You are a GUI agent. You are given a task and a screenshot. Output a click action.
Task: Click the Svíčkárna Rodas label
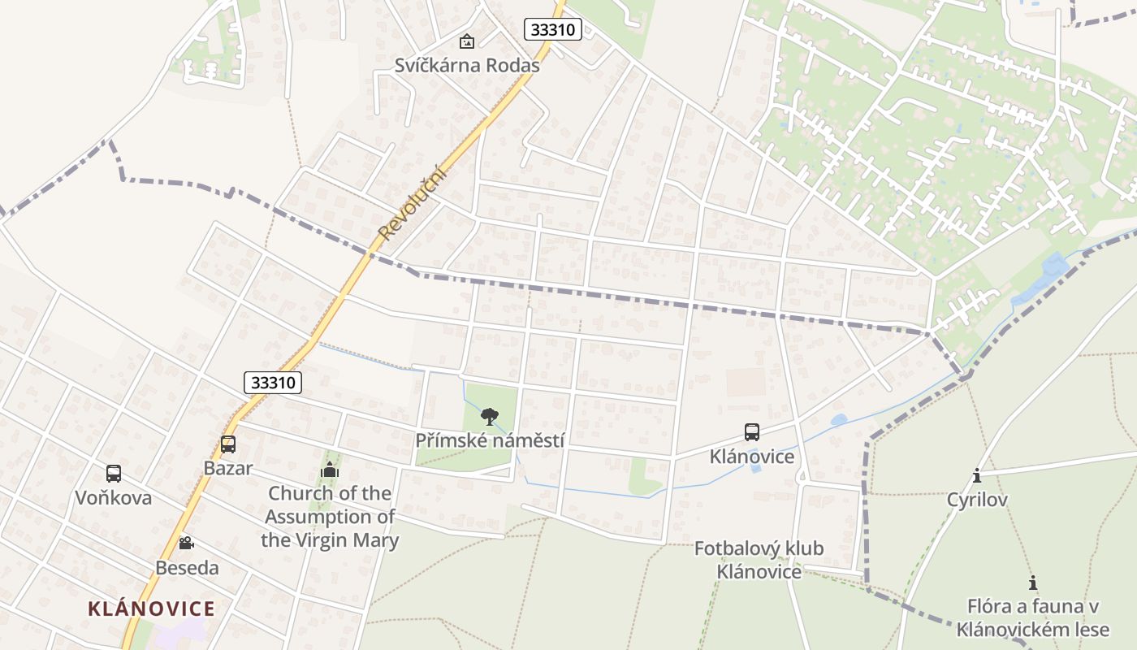tap(467, 66)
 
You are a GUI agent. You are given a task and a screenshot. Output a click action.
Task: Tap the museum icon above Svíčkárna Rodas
tap(467, 41)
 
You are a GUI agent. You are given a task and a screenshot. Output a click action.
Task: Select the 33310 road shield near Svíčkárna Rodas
tap(553, 30)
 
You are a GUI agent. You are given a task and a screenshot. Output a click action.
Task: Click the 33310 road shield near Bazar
tap(273, 383)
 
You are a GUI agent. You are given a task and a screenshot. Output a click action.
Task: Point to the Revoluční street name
tap(413, 202)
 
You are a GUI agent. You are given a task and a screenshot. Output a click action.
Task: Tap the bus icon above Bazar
tap(228, 444)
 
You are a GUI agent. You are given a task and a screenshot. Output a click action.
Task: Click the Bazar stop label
tap(228, 468)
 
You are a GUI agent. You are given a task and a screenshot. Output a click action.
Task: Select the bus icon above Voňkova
tap(114, 474)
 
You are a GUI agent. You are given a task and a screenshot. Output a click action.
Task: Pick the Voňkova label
tap(114, 498)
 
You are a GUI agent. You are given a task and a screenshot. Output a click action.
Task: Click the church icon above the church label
tap(330, 470)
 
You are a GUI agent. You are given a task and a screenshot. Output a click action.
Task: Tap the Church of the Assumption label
tap(330, 517)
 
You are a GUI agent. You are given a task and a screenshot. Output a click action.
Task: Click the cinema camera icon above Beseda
tap(187, 543)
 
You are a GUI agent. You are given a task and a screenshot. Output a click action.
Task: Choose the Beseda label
tap(187, 568)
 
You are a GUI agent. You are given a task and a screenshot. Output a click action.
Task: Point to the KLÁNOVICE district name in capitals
tap(151, 609)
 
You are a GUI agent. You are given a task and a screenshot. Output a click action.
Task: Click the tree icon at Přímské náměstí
tap(489, 417)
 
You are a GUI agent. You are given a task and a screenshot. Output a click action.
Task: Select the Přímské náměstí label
tap(490, 440)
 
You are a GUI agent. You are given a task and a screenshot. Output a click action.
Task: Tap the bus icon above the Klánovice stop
tap(752, 432)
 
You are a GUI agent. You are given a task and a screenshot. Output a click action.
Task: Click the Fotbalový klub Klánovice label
tap(759, 560)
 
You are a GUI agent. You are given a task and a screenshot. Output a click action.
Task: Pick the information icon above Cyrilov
tap(977, 475)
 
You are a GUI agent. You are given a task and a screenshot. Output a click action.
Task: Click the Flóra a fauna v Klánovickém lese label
tap(1033, 617)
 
